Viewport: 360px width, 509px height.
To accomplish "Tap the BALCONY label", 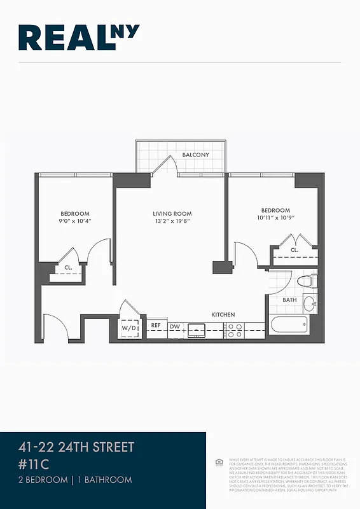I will point(195,155).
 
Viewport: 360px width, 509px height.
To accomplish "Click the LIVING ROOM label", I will point(172,214).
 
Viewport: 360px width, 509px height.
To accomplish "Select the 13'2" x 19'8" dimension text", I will point(172,221).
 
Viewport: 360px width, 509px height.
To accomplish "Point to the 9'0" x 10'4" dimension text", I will point(75,221).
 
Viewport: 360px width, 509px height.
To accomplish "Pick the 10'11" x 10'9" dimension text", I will point(275,218).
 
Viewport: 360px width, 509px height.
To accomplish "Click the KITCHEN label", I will point(223,315).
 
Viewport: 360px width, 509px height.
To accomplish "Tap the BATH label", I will point(289,300).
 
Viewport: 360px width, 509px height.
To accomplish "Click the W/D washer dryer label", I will point(129,328).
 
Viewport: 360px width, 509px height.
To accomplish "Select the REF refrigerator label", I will point(156,326).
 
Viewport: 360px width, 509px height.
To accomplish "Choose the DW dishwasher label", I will point(174,326).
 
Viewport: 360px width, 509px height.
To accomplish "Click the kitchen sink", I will point(197,330).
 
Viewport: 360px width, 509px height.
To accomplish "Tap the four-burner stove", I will point(235,330).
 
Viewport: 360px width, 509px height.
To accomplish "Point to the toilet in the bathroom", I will point(308,279).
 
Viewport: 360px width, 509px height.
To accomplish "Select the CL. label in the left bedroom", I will point(67,268).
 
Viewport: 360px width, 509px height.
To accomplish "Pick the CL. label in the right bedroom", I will point(294,250).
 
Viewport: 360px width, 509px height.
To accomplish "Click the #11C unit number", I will point(34,464).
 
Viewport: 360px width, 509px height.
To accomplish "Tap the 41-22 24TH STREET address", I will point(76,447).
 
